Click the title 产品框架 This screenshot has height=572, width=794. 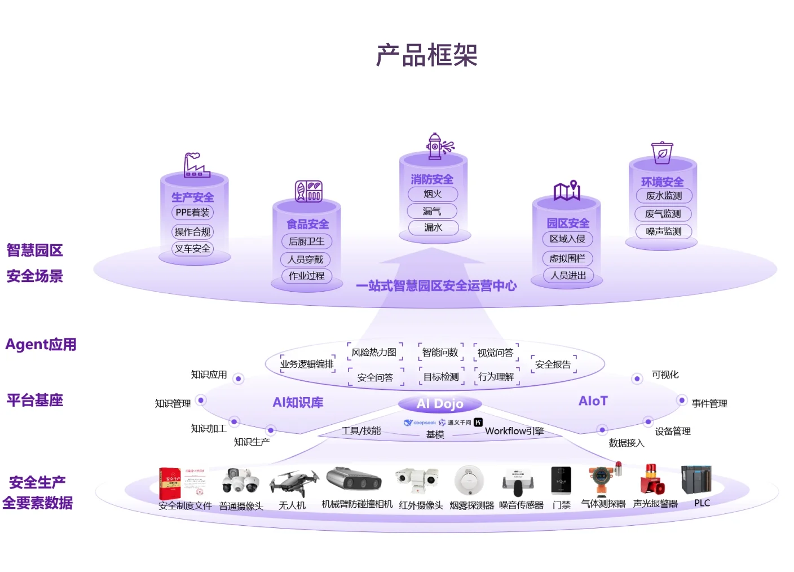(427, 55)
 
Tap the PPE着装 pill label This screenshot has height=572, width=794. (193, 213)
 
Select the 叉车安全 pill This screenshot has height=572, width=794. (193, 248)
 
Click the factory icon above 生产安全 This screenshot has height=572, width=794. (196, 165)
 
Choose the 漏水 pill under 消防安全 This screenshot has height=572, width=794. (433, 227)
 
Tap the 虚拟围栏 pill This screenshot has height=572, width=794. (567, 258)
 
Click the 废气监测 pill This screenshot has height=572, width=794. (663, 214)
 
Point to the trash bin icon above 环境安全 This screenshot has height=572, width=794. (662, 152)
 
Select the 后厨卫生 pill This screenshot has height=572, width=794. (307, 241)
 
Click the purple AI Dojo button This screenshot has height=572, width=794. (440, 404)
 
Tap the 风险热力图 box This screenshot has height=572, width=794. (374, 353)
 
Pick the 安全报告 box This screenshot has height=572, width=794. (553, 364)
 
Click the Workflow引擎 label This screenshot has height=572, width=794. (514, 431)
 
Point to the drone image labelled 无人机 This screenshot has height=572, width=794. (293, 482)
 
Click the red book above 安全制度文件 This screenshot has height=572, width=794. (169, 483)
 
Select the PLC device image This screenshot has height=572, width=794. (696, 480)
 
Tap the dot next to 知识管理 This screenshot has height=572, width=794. (201, 401)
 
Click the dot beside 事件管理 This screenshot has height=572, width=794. (682, 401)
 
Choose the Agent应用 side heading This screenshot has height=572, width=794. (41, 344)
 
